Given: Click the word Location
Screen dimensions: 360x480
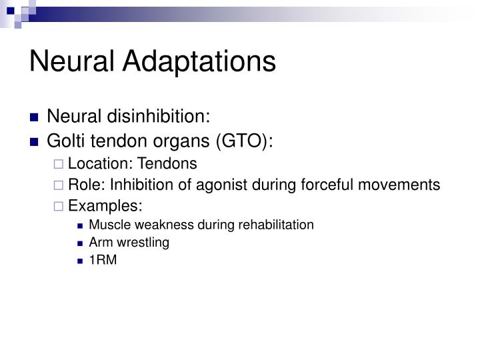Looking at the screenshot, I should [93, 163].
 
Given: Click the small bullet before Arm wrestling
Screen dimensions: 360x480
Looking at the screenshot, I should [80, 243].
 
